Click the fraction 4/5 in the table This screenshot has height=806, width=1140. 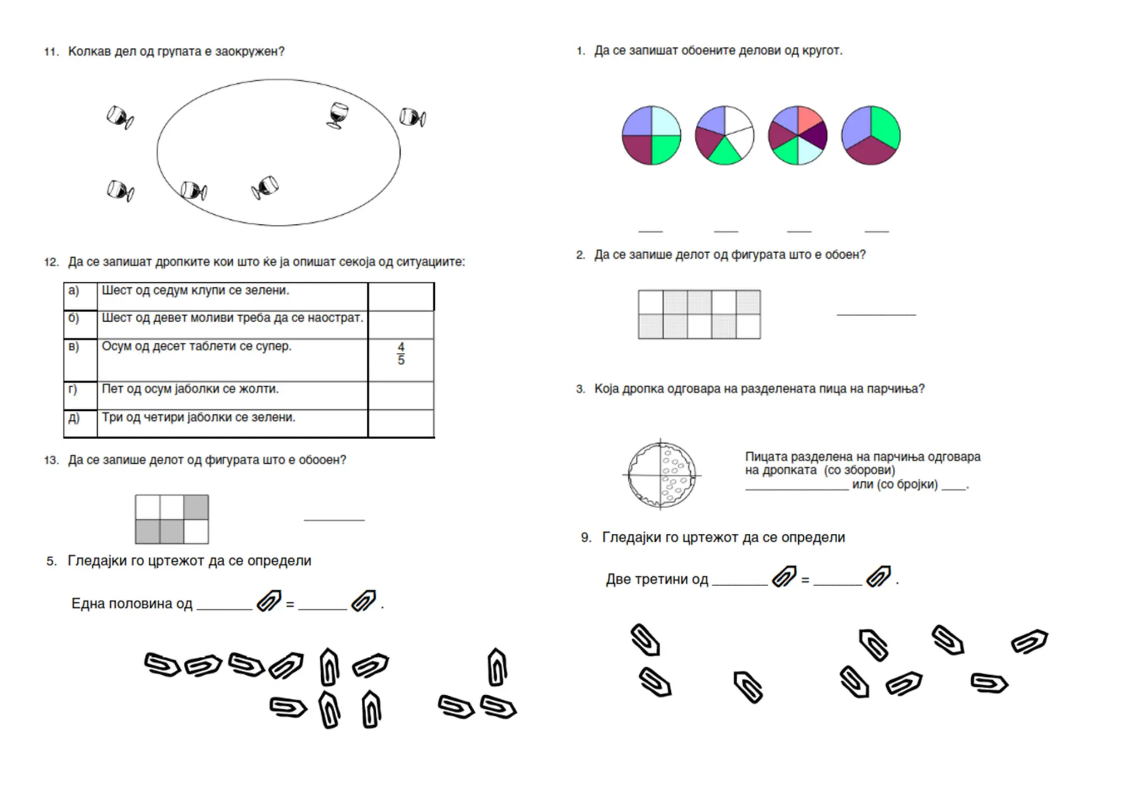pyautogui.click(x=401, y=354)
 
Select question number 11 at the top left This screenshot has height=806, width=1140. pyautogui.click(x=51, y=52)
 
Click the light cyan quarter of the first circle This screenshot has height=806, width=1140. pyautogui.click(x=666, y=121)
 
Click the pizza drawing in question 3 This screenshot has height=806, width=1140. pyautogui.click(x=661, y=475)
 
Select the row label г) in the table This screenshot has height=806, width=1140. pyautogui.click(x=73, y=389)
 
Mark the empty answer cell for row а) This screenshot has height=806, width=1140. pyautogui.click(x=401, y=297)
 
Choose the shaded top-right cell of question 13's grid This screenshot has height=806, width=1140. pyautogui.click(x=196, y=507)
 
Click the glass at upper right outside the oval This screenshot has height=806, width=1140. pyautogui.click(x=412, y=117)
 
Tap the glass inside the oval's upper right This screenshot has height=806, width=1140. pyautogui.click(x=337, y=115)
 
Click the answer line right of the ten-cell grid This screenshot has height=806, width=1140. pyautogui.click(x=876, y=315)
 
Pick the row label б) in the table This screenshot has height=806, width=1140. pyautogui.click(x=73, y=318)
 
